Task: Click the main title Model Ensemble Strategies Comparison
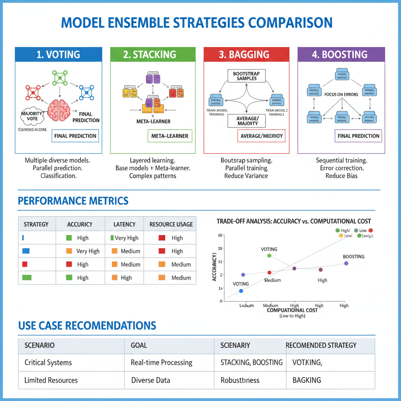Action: (197, 23)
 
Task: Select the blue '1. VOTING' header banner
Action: (58, 54)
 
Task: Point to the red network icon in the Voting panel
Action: (33, 92)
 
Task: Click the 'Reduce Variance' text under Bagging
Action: (246, 176)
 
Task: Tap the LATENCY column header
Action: (125, 224)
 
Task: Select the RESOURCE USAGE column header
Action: (171, 224)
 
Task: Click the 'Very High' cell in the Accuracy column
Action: (88, 251)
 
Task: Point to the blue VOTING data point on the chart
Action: (241, 291)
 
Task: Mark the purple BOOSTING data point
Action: (346, 263)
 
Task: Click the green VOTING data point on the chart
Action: (269, 256)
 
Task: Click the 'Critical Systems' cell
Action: (48, 363)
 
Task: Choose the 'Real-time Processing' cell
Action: (161, 363)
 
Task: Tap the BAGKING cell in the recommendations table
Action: (307, 380)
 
